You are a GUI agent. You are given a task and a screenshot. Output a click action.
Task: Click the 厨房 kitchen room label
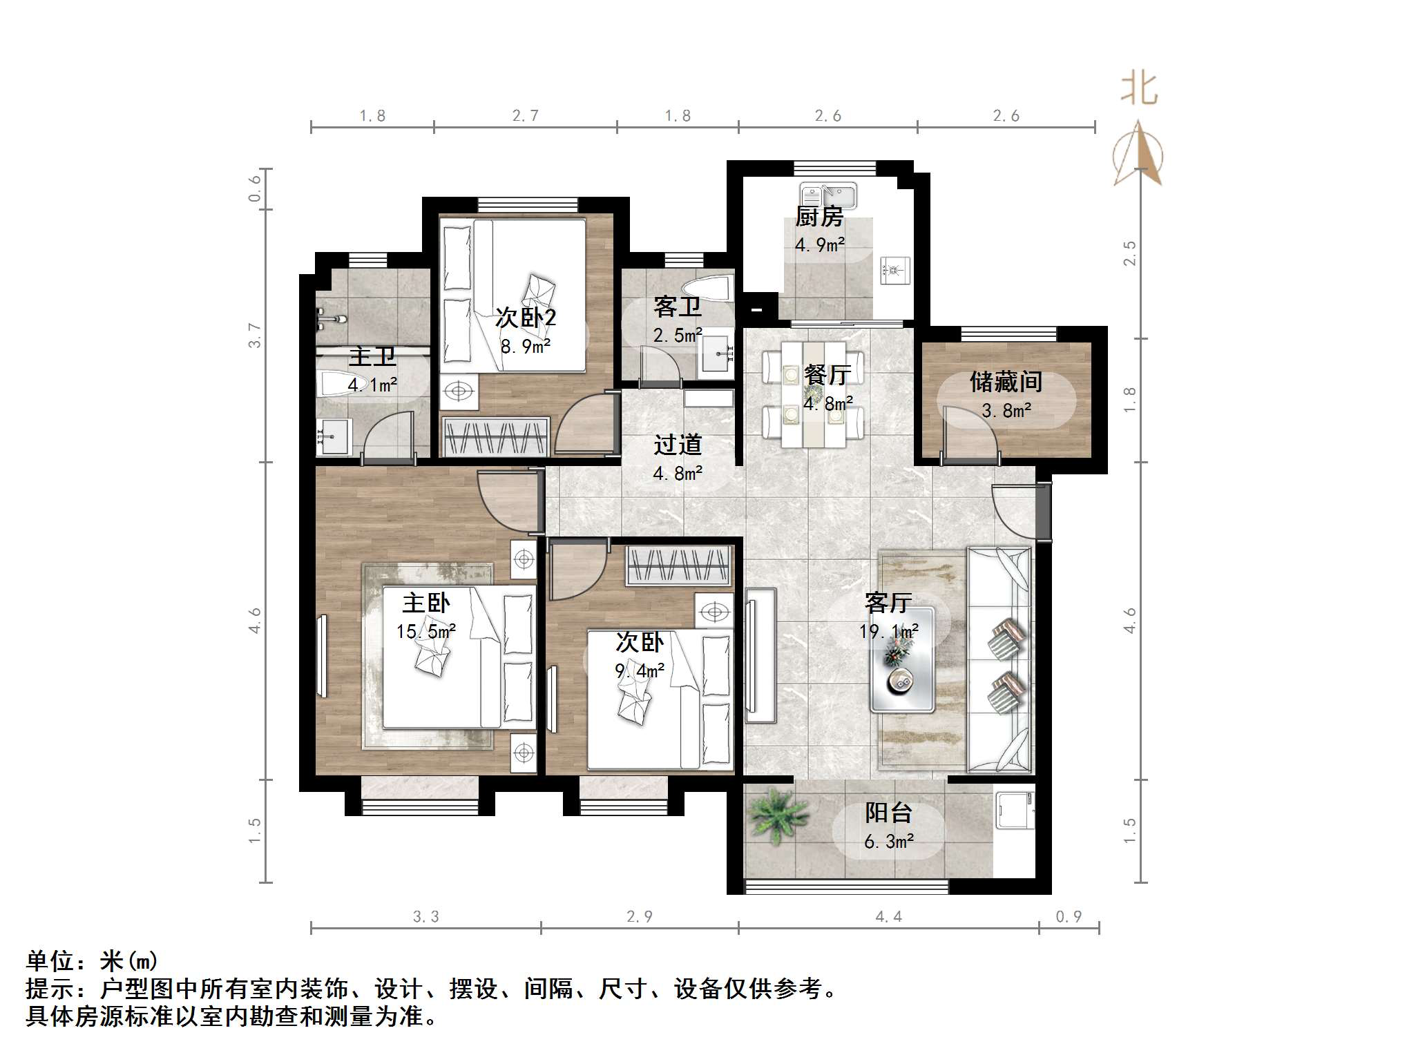click(819, 217)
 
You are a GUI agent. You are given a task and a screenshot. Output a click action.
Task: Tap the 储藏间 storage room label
click(1006, 382)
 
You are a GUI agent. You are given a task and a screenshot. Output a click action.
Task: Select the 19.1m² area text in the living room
click(888, 631)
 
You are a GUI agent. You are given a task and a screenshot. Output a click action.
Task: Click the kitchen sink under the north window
click(828, 195)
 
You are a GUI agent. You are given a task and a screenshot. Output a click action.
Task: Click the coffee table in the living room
click(902, 660)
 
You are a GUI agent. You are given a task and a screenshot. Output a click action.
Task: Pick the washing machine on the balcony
click(1014, 811)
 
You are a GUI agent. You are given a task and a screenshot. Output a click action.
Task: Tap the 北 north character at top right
click(1138, 90)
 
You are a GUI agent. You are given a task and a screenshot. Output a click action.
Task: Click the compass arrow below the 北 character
click(1138, 155)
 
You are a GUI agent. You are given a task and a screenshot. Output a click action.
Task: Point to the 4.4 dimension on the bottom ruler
click(888, 916)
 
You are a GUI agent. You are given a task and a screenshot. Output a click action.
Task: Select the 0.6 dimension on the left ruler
click(255, 188)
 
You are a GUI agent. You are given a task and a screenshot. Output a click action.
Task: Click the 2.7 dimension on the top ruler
click(525, 116)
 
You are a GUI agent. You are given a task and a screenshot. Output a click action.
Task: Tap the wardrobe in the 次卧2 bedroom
click(495, 437)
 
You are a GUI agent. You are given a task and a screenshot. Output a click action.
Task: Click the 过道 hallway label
click(678, 445)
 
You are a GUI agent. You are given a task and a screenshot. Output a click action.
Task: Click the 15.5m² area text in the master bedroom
click(425, 631)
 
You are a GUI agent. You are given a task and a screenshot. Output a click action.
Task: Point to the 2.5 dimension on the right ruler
click(1129, 253)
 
